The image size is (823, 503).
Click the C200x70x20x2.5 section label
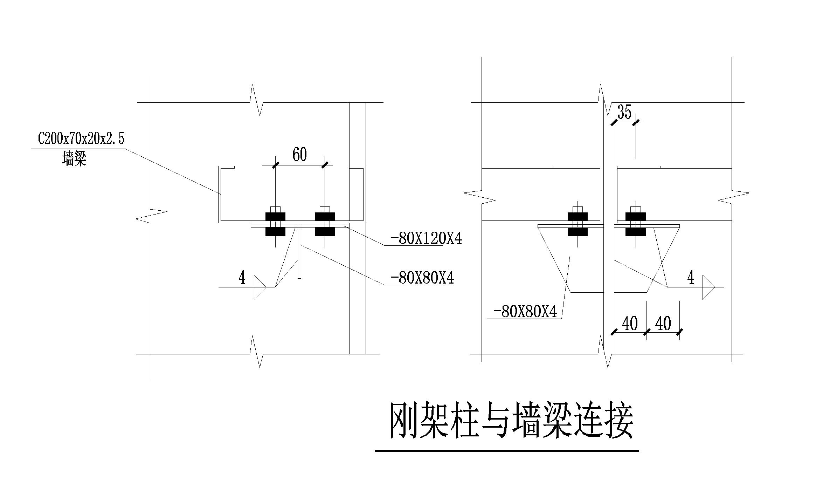click(x=81, y=139)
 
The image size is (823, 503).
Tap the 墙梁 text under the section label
click(x=74, y=158)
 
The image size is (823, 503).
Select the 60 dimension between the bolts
click(x=299, y=155)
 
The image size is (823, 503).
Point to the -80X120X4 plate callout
click(x=426, y=239)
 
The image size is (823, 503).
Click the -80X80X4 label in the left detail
click(x=422, y=278)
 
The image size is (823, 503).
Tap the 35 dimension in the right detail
click(x=624, y=112)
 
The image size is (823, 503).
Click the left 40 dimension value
click(x=629, y=324)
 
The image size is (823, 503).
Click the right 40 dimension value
click(x=663, y=324)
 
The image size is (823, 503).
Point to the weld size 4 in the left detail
click(x=242, y=278)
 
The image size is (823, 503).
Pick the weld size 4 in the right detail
click(x=690, y=278)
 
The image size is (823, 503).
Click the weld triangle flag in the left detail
click(x=259, y=287)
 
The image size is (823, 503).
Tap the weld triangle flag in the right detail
click(x=708, y=287)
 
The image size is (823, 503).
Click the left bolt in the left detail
click(x=275, y=224)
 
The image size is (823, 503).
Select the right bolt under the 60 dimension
click(x=325, y=224)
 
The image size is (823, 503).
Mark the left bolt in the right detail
click(x=577, y=224)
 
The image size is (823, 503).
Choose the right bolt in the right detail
click(x=635, y=224)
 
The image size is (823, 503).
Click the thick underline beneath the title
click(x=507, y=451)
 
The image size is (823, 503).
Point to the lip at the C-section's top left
click(x=227, y=168)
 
